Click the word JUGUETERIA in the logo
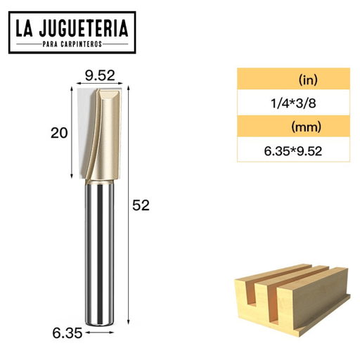(84, 28)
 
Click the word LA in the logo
(24, 28)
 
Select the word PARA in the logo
(50, 44)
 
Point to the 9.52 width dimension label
(100, 75)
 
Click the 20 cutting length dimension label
(59, 133)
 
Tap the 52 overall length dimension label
(141, 205)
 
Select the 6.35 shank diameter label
(67, 333)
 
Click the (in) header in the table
(308, 79)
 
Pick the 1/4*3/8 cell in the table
(293, 103)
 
